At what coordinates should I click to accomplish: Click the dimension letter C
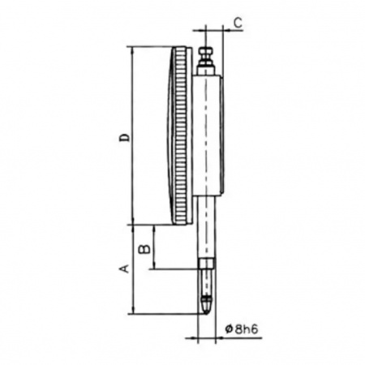click(238, 23)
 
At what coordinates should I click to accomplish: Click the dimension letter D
click(125, 137)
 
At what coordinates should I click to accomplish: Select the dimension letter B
click(144, 249)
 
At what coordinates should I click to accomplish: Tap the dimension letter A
click(124, 268)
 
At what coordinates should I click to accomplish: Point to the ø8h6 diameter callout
click(242, 329)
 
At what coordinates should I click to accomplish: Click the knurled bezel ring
click(181, 135)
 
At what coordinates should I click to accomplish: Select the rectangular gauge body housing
click(208, 135)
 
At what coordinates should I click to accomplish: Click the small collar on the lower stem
click(207, 264)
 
